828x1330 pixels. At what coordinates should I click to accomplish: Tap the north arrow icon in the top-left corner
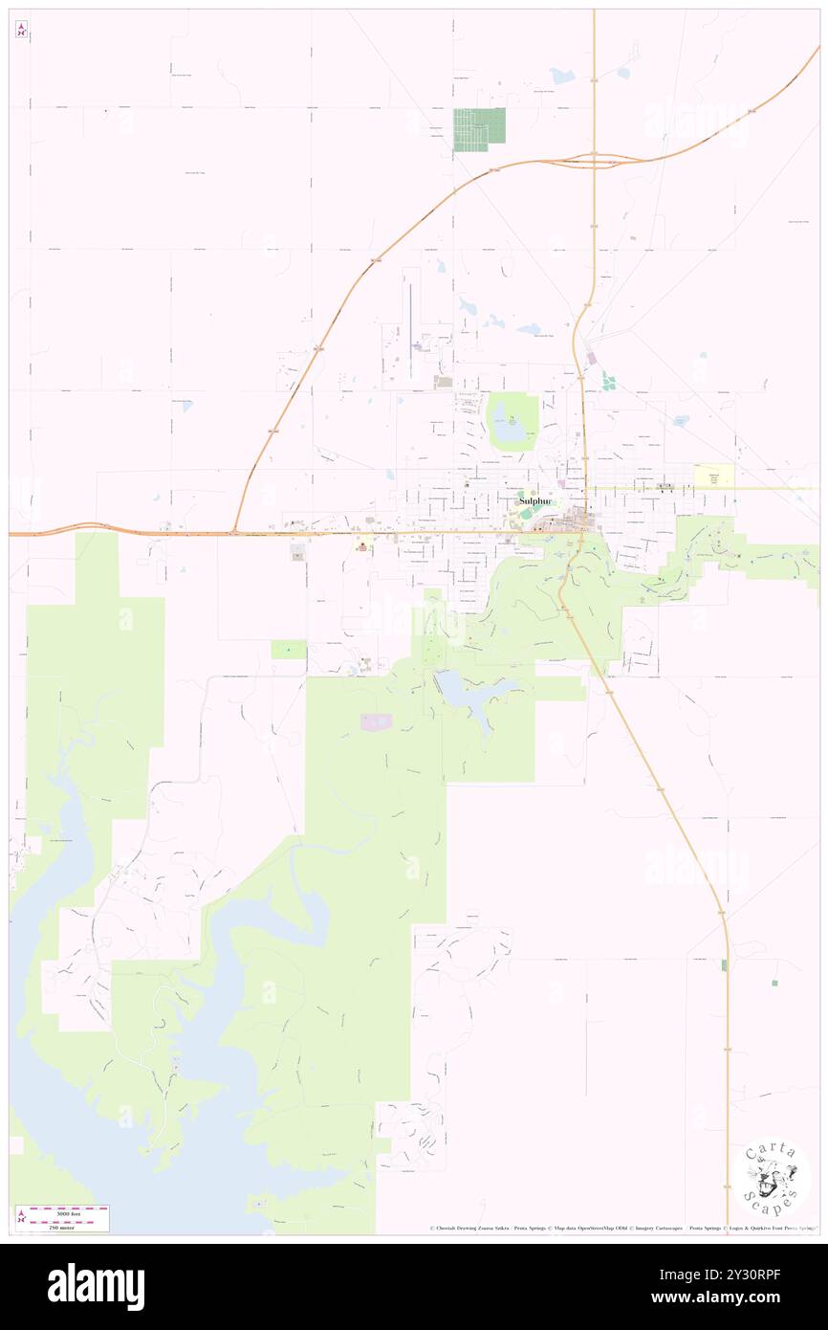pyautogui.click(x=21, y=30)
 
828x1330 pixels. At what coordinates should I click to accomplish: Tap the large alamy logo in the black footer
pyautogui.click(x=96, y=1286)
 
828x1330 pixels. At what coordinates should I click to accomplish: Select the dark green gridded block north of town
pyautogui.click(x=479, y=129)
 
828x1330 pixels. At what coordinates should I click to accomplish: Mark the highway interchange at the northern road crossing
pyautogui.click(x=594, y=160)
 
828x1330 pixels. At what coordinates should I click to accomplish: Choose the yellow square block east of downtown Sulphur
pyautogui.click(x=713, y=477)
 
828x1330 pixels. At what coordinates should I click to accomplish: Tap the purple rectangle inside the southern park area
pyautogui.click(x=375, y=720)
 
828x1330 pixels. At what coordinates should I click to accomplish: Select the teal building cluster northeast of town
pyautogui.click(x=607, y=382)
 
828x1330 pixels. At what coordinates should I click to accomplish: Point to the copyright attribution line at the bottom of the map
pyautogui.click(x=621, y=1228)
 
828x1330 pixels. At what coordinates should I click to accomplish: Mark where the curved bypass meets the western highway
pyautogui.click(x=234, y=532)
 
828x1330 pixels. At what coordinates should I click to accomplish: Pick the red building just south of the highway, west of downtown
pyautogui.click(x=362, y=546)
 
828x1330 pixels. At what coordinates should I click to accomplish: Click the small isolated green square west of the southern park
pyautogui.click(x=289, y=650)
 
